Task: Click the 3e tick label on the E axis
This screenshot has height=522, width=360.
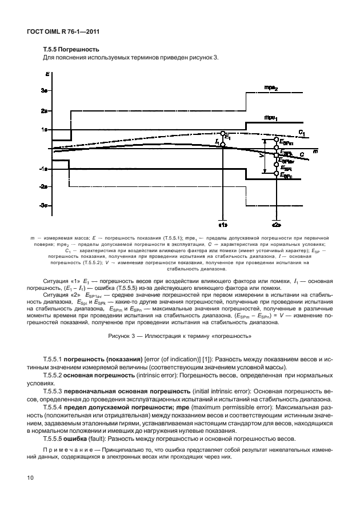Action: click(44, 91)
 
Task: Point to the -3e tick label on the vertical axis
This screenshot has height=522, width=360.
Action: click(43, 205)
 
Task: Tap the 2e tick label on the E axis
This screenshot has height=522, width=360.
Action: click(44, 110)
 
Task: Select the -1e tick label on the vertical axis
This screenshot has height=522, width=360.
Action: click(43, 169)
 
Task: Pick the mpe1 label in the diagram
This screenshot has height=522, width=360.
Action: click(270, 117)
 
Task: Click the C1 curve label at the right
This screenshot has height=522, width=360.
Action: click(301, 134)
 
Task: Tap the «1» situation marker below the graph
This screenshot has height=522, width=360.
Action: click(223, 225)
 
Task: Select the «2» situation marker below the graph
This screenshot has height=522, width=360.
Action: click(276, 225)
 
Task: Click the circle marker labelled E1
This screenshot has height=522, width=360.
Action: click(223, 133)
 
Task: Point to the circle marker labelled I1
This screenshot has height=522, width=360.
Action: click(223, 145)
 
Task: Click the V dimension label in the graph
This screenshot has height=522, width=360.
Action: click(261, 155)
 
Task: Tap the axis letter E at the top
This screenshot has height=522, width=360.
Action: click(46, 74)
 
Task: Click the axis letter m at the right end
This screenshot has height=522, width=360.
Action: click(315, 151)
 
